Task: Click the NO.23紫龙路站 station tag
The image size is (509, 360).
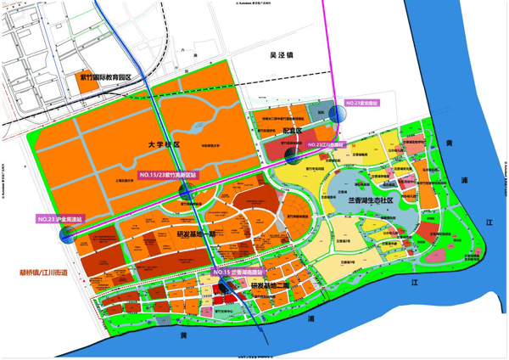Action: [363, 103]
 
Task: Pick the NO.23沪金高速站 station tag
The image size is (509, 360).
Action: [64, 219]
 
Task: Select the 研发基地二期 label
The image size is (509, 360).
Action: [271, 287]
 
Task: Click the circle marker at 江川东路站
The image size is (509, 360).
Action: [294, 155]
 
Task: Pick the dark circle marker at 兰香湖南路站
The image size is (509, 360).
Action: [224, 285]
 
